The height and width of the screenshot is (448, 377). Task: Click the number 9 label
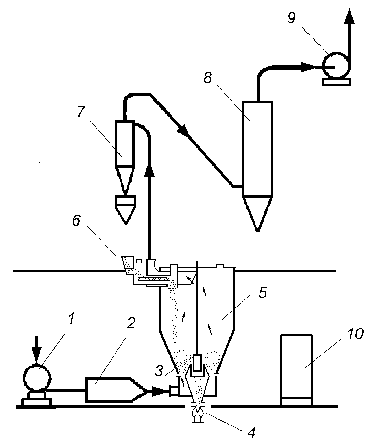click(x=291, y=17)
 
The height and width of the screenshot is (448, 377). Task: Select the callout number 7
click(x=81, y=112)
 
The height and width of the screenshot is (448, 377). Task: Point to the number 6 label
click(x=76, y=220)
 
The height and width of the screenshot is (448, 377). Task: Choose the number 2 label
click(x=131, y=323)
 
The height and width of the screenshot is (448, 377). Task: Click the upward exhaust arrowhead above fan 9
click(x=349, y=16)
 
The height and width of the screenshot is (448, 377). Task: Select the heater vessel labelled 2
click(x=116, y=390)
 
